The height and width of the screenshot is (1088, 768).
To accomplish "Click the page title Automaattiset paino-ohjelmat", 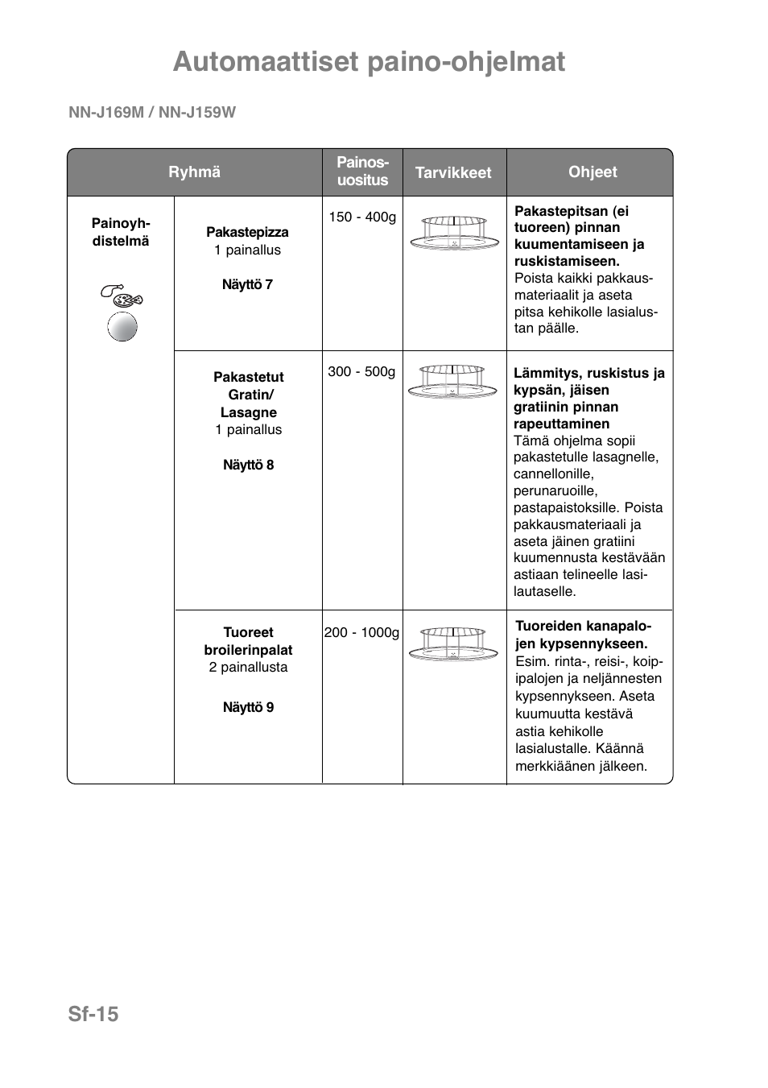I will point(369,62).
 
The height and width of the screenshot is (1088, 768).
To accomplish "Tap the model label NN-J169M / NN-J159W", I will point(152,113).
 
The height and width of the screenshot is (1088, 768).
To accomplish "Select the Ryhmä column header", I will point(194,172).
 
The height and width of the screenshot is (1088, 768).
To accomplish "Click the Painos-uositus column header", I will point(362,172).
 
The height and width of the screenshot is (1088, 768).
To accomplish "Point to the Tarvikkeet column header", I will point(453,172).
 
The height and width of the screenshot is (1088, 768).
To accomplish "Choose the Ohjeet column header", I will point(593,172).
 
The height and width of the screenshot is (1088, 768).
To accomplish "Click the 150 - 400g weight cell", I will point(362,217).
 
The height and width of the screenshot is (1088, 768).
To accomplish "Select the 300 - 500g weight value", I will point(361,372).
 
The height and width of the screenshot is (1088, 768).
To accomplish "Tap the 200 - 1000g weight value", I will point(361,633).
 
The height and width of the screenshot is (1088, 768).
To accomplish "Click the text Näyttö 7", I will point(247,284).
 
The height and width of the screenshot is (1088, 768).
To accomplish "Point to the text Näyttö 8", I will point(248,465).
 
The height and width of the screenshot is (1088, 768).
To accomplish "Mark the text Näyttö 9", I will point(248,707).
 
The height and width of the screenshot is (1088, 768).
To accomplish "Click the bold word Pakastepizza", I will point(247,232).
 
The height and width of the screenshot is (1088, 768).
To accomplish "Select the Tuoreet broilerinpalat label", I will point(248,641).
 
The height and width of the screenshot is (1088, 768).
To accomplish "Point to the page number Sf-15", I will point(93,1015).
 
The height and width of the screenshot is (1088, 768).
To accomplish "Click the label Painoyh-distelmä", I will point(121,232).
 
